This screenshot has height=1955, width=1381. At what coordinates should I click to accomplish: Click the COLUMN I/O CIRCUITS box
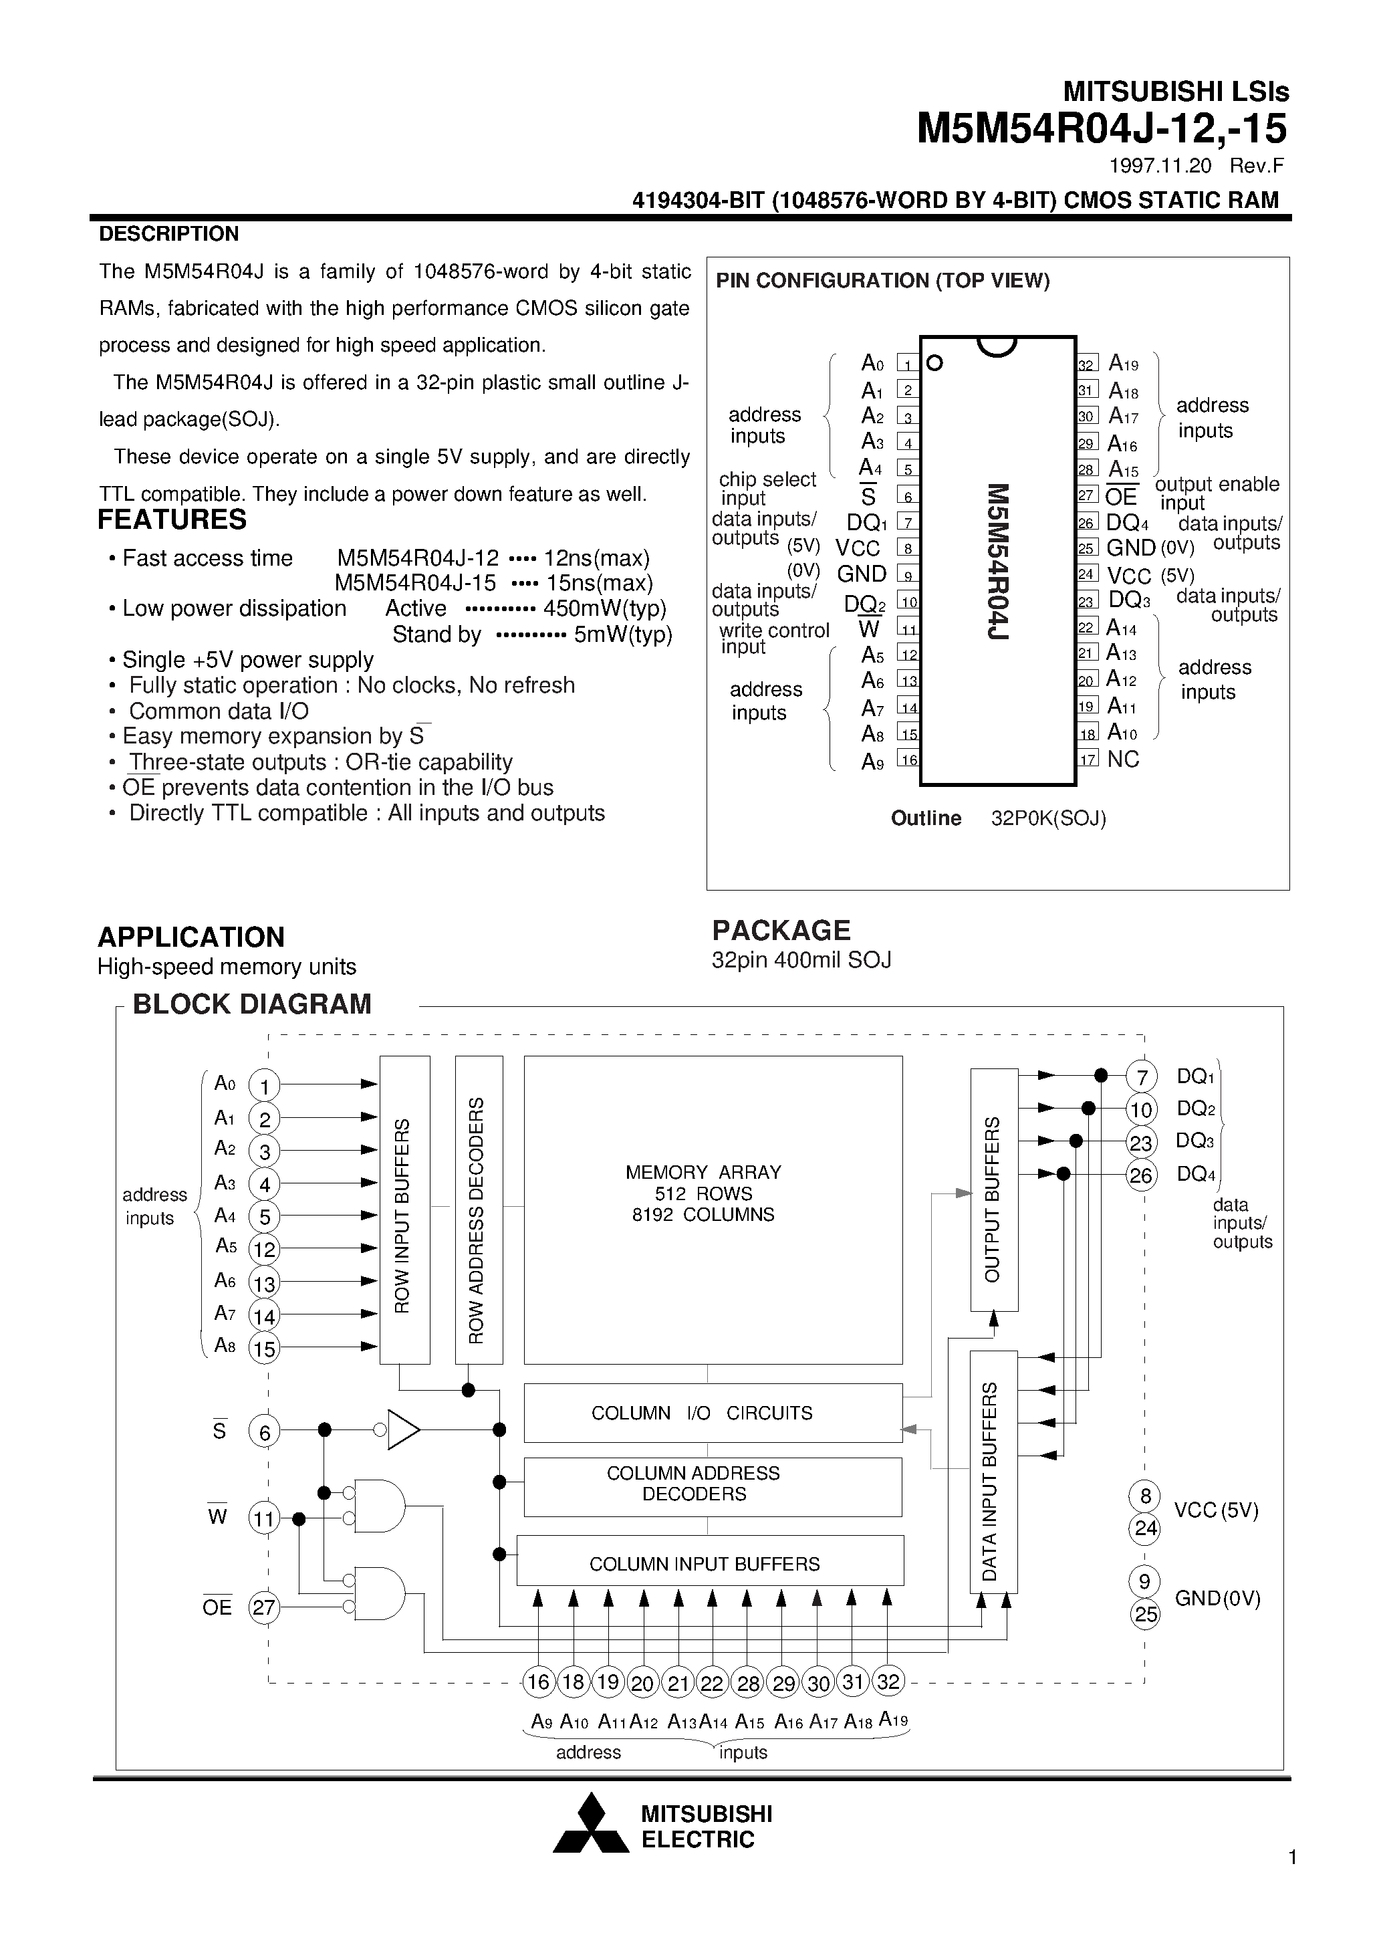(x=713, y=1413)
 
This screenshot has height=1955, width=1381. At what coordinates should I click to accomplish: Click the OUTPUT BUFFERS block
(x=993, y=1189)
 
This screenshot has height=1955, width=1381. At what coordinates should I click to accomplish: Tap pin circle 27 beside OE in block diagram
(x=264, y=1607)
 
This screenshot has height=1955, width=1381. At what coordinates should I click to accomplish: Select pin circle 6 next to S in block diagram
(x=264, y=1432)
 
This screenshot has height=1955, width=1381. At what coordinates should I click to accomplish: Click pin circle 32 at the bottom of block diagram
(x=888, y=1682)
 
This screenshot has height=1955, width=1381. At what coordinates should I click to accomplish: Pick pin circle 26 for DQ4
(x=1141, y=1176)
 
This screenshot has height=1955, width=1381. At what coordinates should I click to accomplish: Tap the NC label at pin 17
(x=1123, y=760)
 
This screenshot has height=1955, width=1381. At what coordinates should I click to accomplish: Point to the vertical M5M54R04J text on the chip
(x=998, y=562)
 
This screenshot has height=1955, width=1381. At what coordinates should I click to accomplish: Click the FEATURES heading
(x=172, y=520)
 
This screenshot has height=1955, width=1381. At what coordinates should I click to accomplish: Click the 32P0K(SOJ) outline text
(x=1048, y=818)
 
